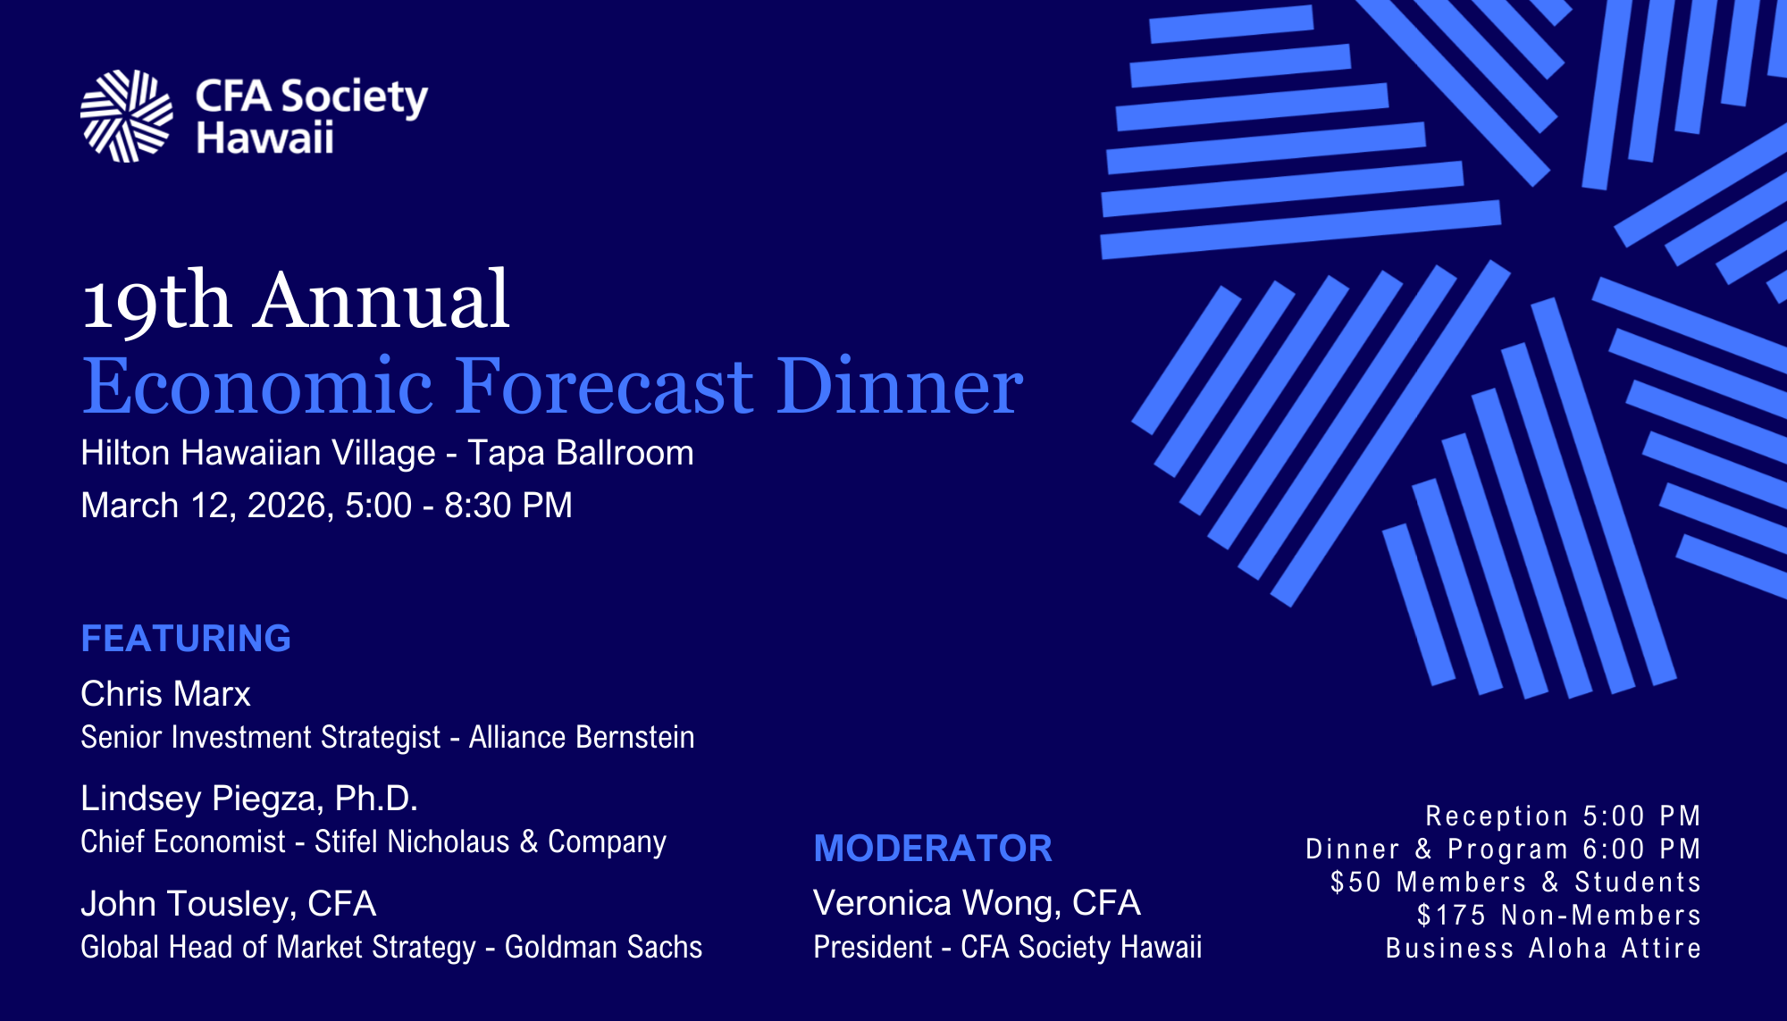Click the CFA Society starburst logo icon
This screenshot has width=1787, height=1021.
pos(126,116)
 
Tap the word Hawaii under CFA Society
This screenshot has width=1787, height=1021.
pos(264,139)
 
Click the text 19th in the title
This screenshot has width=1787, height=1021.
pos(156,301)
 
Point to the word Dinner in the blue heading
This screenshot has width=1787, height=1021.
pos(898,387)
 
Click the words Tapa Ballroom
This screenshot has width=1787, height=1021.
pos(580,453)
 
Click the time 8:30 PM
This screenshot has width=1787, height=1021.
pos(508,506)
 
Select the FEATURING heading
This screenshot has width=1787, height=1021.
pos(186,639)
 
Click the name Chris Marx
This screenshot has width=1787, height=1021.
pos(165,694)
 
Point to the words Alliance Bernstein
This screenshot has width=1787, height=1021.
pos(581,738)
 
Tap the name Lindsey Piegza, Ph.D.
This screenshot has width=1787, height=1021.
pos(249,799)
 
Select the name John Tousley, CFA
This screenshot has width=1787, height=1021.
pos(228,904)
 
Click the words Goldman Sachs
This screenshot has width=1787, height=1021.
pos(603,948)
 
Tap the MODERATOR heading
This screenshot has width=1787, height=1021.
pos(933,849)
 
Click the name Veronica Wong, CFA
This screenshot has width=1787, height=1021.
pos(977,903)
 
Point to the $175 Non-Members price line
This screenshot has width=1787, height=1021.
pos(1558,916)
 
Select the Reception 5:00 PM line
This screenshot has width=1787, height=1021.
pos(1563,816)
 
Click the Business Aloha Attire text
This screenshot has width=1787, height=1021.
pos(1543,949)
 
